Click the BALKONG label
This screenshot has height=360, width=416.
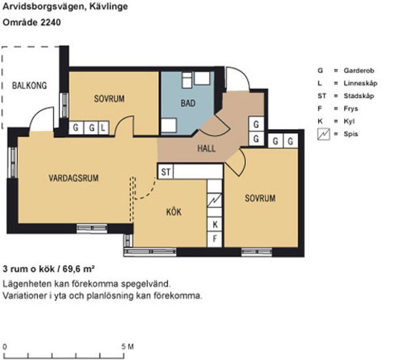29,86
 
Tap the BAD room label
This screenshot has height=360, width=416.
188,103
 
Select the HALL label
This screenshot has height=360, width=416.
207,148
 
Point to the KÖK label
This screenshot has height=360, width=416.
174,211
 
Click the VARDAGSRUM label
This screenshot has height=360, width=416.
73,178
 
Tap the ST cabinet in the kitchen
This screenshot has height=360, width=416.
166,171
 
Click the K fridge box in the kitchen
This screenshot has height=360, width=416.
215,225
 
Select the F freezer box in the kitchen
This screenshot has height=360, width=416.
215,239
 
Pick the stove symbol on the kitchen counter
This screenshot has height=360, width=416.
215,200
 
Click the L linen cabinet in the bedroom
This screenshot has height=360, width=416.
104,128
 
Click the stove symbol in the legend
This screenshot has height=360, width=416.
324,134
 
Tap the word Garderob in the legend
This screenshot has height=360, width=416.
359,71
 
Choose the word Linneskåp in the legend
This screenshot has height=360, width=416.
360,83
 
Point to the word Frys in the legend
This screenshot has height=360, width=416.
351,109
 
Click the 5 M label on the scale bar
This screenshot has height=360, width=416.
128,347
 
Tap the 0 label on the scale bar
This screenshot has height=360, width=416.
5,347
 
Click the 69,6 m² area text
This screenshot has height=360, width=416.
78,269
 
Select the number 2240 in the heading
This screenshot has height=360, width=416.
50,22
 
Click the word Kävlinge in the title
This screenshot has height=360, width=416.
109,7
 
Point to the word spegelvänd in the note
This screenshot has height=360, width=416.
146,284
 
